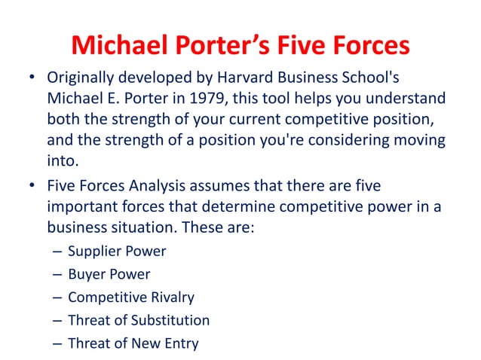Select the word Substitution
[x=170, y=320]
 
